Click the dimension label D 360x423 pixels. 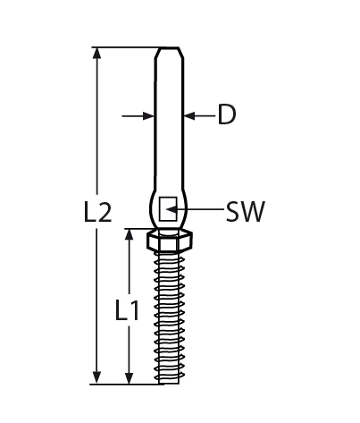click(x=227, y=114)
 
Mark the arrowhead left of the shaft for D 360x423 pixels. click(x=149, y=114)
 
